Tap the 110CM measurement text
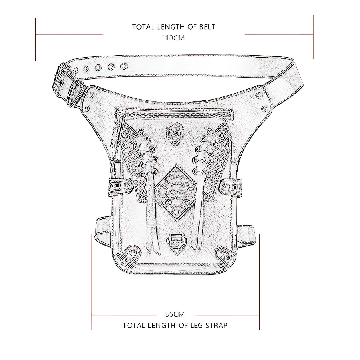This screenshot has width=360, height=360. pyautogui.click(x=173, y=38)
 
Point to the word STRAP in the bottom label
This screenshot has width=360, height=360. pyautogui.click(x=216, y=325)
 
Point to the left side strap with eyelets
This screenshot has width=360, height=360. pyautogui.click(x=119, y=186)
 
